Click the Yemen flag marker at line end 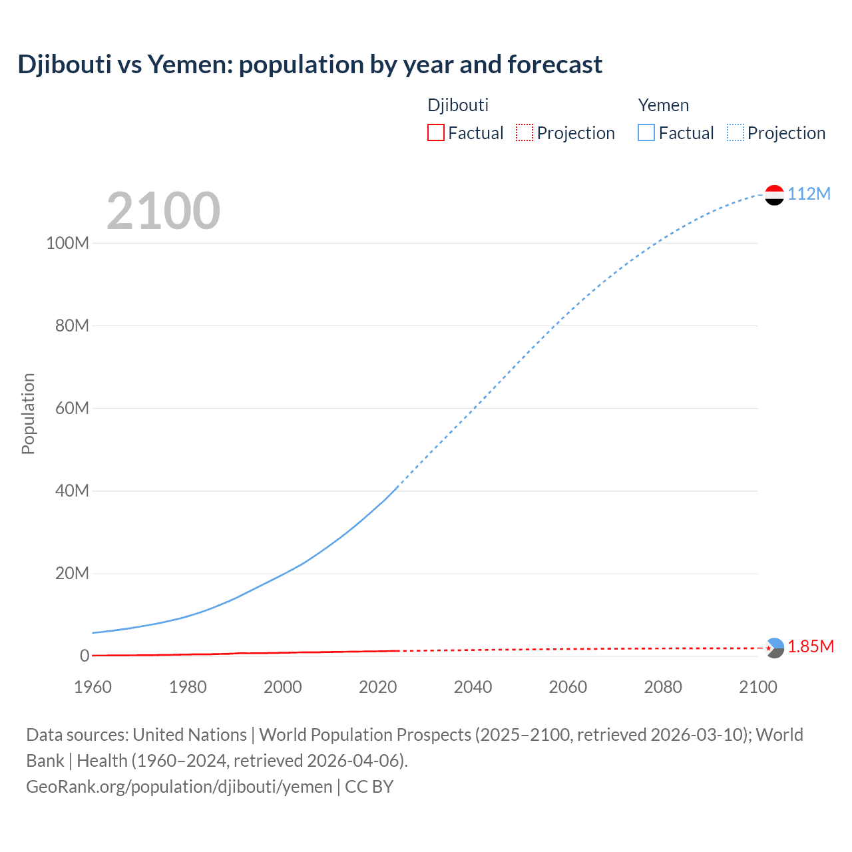tap(774, 194)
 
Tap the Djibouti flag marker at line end tap(774, 648)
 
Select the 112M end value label tap(809, 194)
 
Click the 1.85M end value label tap(811, 647)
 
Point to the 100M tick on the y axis tap(67, 243)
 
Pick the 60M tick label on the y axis tap(72, 408)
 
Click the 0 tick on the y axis tap(85, 656)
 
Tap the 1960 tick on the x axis tap(93, 687)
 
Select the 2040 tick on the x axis tap(473, 687)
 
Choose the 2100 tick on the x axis tap(757, 687)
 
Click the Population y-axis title tap(28, 413)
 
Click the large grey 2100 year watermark tap(163, 211)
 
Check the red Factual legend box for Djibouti tap(435, 133)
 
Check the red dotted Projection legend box tap(525, 133)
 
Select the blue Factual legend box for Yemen tap(646, 133)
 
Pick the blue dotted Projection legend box tap(735, 133)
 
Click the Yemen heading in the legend tap(663, 105)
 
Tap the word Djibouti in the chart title tap(64, 65)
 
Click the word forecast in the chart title tap(554, 65)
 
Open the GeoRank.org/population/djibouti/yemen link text tap(179, 787)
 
